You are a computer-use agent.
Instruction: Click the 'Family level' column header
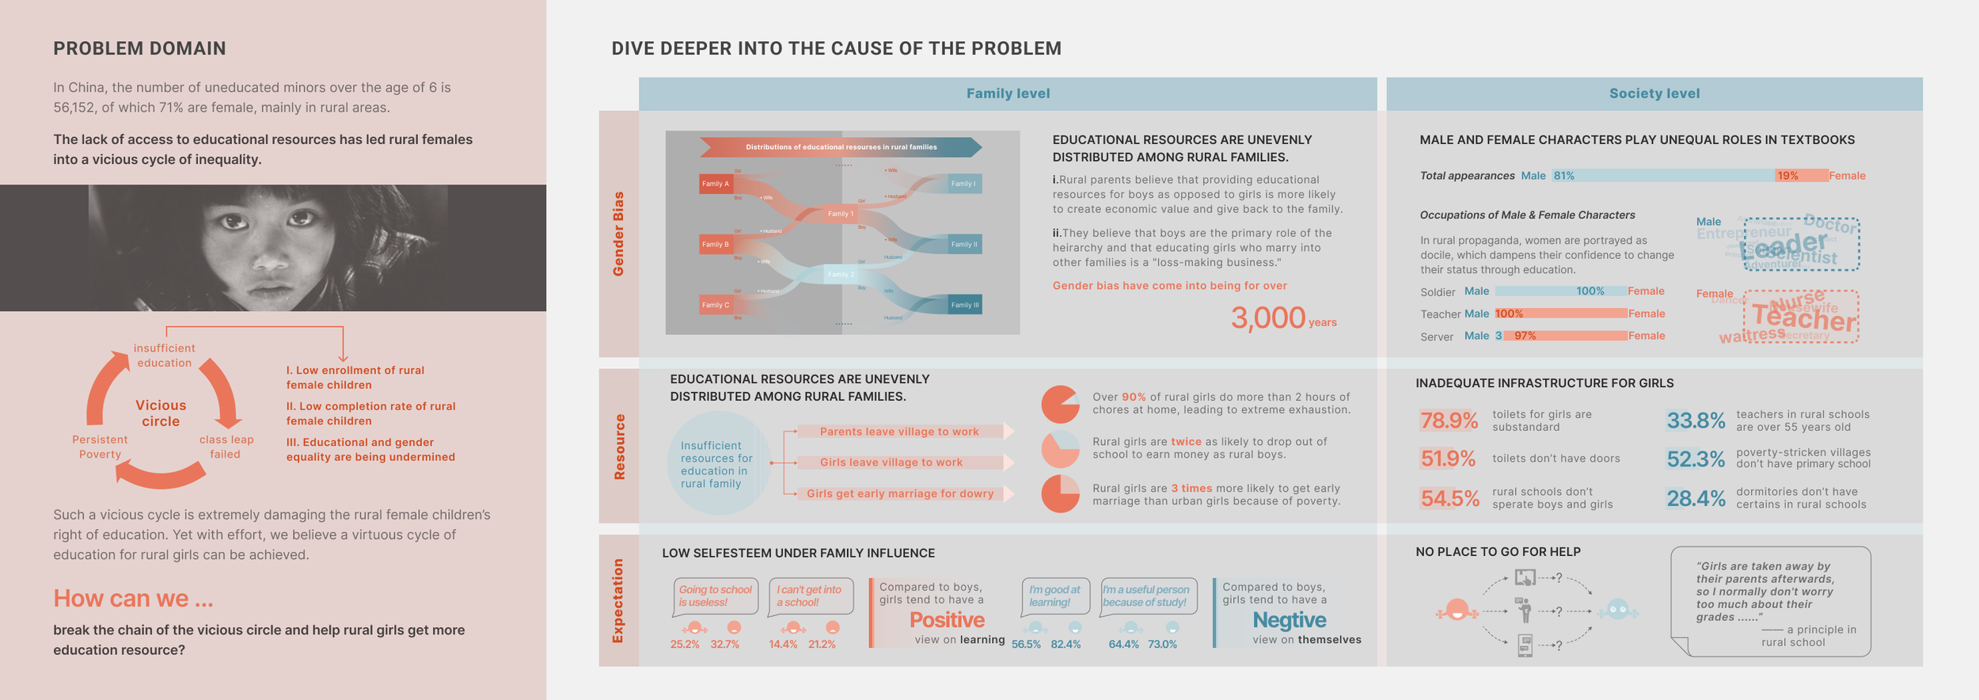pos(1008,93)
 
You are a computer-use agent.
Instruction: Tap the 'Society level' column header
pos(1654,93)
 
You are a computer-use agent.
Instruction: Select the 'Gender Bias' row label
pos(618,234)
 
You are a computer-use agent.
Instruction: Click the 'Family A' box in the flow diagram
pos(716,184)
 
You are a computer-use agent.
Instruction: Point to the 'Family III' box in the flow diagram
pos(964,305)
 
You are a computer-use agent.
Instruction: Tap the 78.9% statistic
pos(1449,420)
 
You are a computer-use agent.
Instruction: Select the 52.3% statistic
pos(1695,459)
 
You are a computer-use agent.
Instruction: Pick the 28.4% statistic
pos(1695,498)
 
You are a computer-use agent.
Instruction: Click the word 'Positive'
pos(947,620)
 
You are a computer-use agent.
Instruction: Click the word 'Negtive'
pos(1289,620)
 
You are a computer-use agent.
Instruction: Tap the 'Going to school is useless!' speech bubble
pos(716,596)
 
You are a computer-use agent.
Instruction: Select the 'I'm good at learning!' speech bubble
pos(1054,596)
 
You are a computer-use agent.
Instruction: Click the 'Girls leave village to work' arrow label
pos(891,462)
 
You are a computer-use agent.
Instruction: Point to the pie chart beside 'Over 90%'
pos(1060,405)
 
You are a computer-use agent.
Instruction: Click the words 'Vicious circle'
pos(161,413)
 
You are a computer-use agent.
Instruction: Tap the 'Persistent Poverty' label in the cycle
pos(100,447)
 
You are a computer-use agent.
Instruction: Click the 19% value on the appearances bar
pos(1787,176)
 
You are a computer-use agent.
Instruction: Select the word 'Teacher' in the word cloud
pos(1803,318)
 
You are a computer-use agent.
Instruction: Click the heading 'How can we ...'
pos(133,599)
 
